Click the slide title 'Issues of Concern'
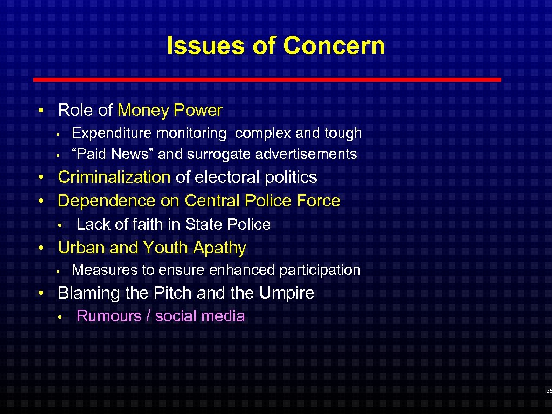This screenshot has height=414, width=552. click(x=275, y=46)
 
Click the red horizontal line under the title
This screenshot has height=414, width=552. click(x=267, y=80)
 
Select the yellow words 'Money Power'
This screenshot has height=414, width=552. click(x=170, y=111)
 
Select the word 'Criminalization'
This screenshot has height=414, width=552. click(x=114, y=177)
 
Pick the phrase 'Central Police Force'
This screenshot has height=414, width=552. click(x=262, y=201)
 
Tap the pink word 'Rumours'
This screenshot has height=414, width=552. click(x=109, y=316)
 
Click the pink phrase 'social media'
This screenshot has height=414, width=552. click(x=200, y=316)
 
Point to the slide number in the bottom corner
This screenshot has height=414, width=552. click(x=548, y=391)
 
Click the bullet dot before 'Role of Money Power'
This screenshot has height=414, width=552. click(x=41, y=111)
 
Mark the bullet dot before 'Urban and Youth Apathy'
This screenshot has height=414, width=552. click(x=41, y=249)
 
